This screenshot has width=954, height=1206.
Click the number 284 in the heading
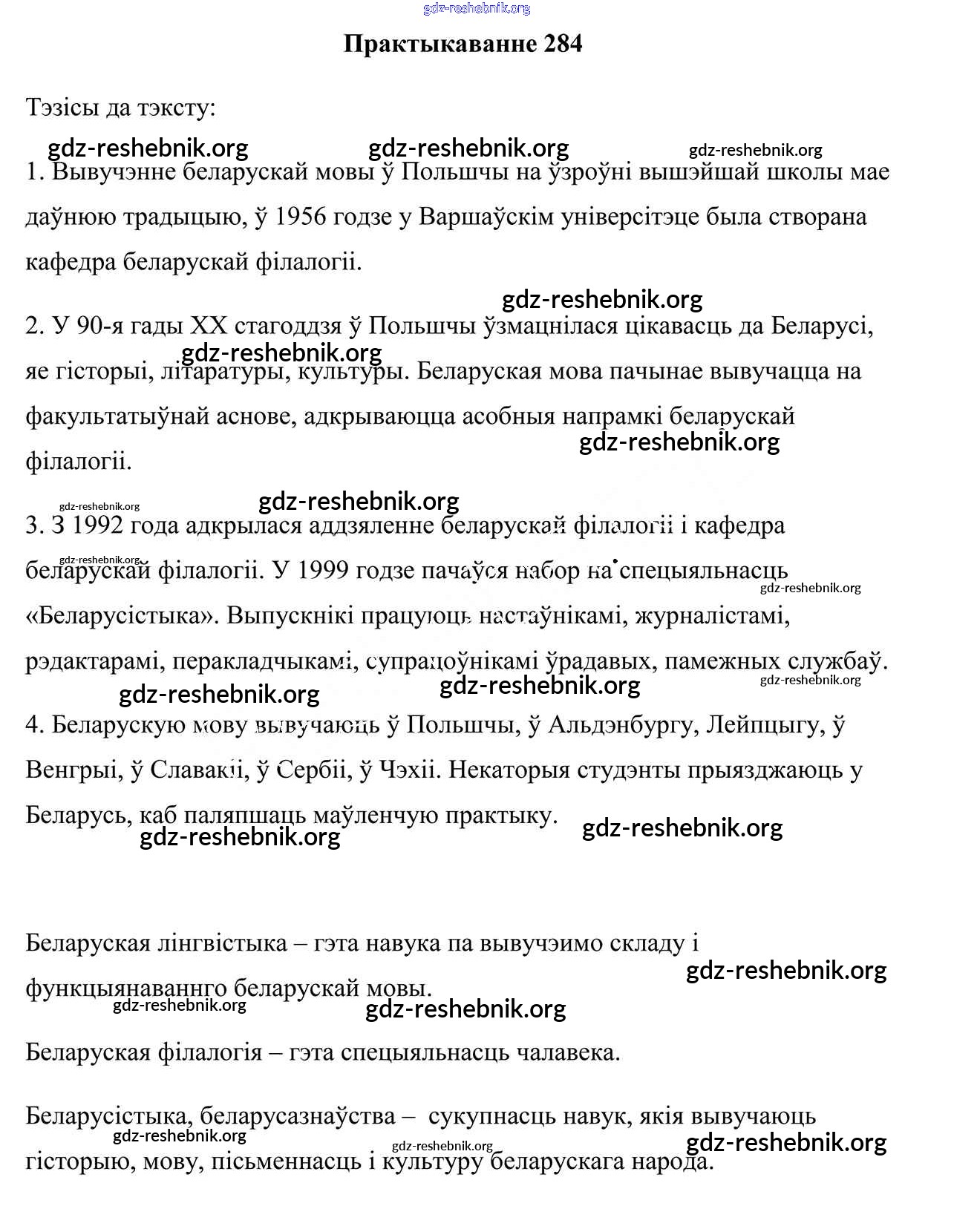563,44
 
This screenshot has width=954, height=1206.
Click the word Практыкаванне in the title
440,44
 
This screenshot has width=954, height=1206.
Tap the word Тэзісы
61,108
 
